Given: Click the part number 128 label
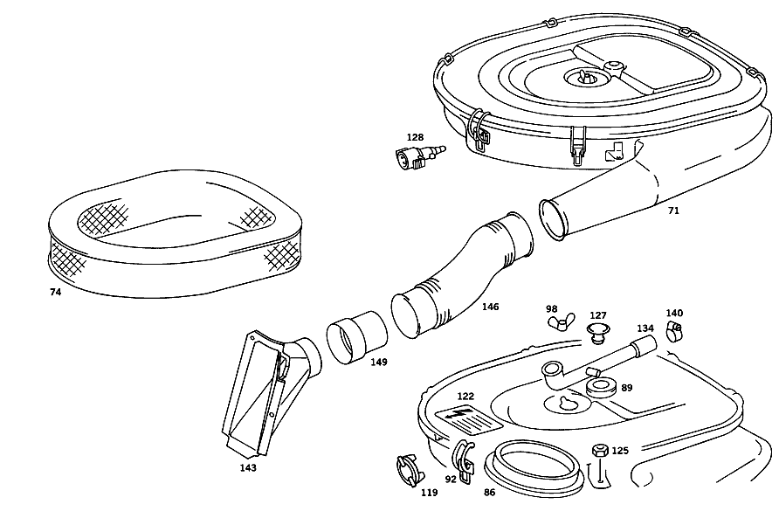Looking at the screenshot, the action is tap(415, 137).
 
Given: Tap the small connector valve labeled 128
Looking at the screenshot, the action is tap(419, 155).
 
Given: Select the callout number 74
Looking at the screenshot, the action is tap(55, 293).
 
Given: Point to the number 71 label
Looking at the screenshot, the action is tap(673, 211).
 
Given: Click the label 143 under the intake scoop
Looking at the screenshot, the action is tap(248, 468).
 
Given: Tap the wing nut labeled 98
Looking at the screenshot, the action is tap(561, 322).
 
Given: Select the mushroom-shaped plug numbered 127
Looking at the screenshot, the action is tap(598, 333).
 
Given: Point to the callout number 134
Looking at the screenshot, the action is tap(645, 328).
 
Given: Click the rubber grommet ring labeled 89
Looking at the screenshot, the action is tap(601, 387).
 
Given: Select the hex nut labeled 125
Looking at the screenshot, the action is tap(600, 451).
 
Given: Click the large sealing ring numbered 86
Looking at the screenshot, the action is tap(532, 466).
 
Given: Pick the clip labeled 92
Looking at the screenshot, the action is tap(463, 460).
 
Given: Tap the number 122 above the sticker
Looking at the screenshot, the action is tap(465, 397).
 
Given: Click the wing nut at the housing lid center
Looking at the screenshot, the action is tap(583, 77).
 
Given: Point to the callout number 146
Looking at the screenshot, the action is tap(490, 307).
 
